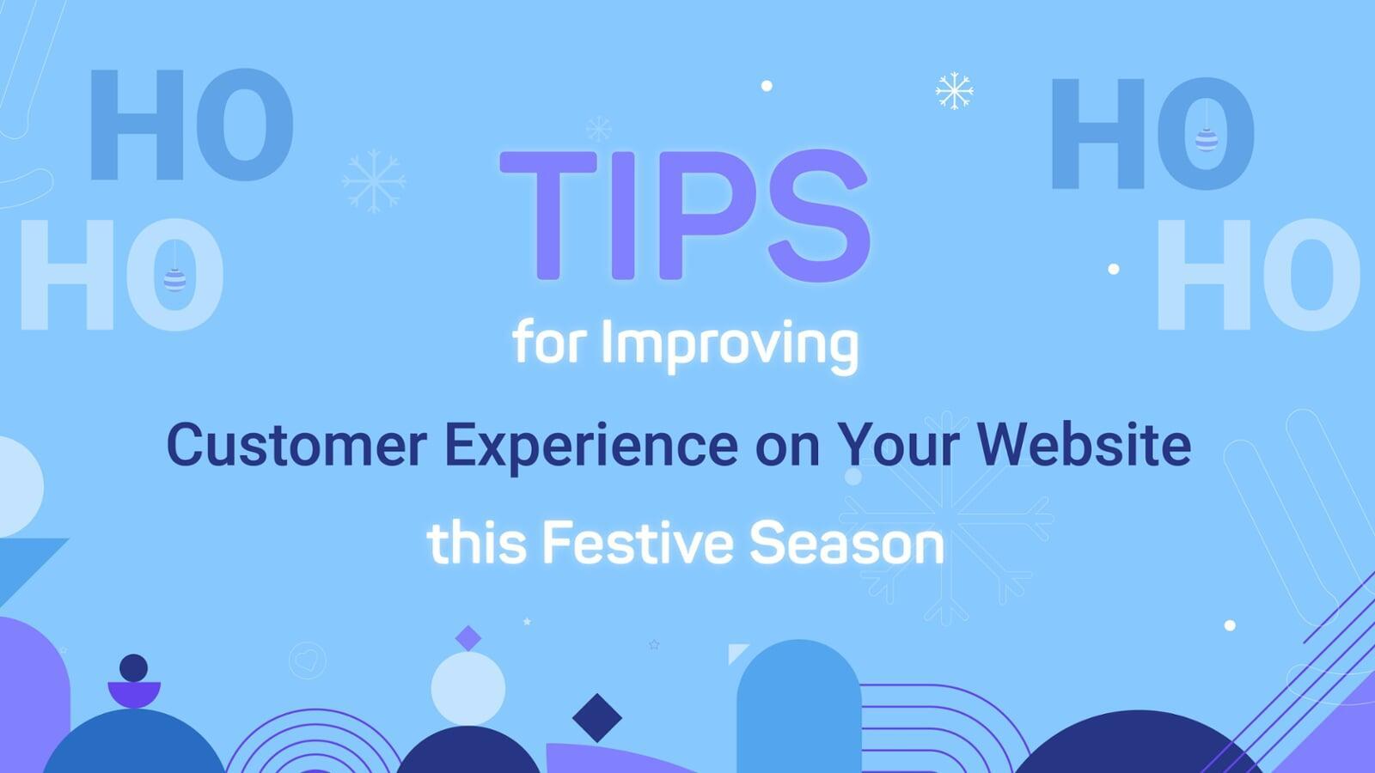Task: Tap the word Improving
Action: [x=730, y=344]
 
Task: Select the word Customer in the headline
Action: [x=296, y=445]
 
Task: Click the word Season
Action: [x=846, y=544]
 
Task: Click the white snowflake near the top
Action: [x=954, y=91]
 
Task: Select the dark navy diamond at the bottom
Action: [x=596, y=717]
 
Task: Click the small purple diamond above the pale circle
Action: [x=468, y=638]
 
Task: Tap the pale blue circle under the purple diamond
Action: [x=467, y=688]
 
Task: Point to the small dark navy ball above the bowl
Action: [x=133, y=667]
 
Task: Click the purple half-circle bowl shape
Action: [x=134, y=693]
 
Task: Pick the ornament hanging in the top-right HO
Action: [x=1207, y=138]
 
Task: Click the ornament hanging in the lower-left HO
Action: [x=174, y=279]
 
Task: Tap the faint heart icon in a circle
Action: [x=307, y=660]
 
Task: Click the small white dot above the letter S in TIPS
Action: [x=767, y=86]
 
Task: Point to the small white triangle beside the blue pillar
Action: [x=736, y=652]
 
